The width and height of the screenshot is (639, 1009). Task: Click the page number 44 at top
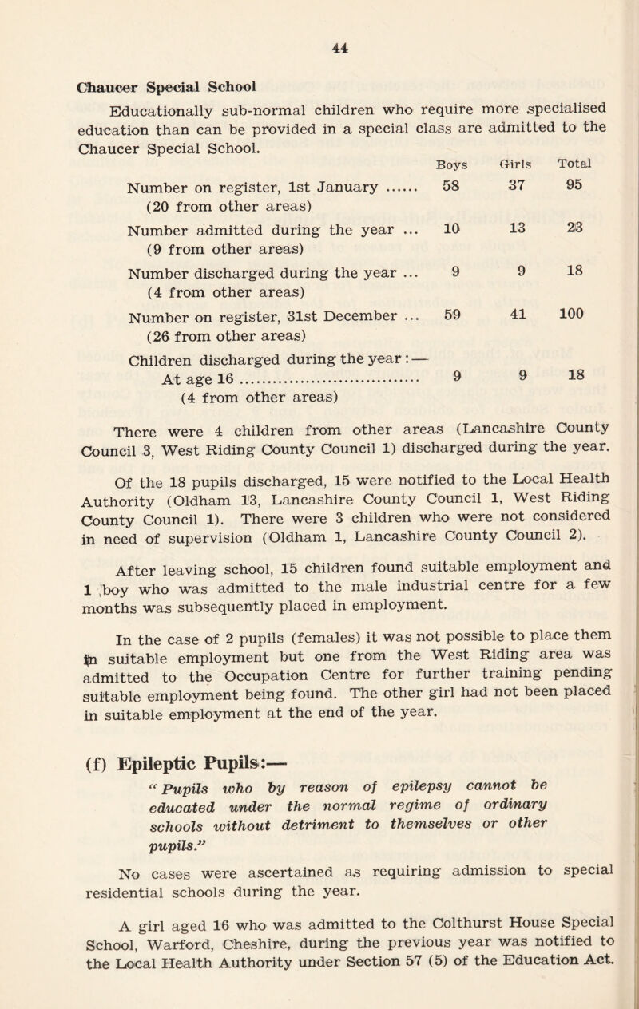tap(318, 47)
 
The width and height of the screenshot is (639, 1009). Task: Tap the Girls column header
tap(513, 164)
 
